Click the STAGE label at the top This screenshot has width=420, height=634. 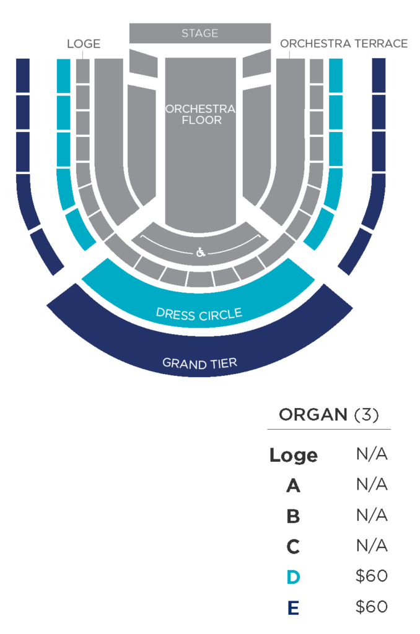(x=199, y=33)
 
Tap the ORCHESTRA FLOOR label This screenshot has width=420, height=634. (x=200, y=114)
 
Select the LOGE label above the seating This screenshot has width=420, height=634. (x=84, y=43)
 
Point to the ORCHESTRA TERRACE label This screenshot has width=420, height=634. (x=344, y=43)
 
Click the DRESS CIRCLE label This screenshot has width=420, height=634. (x=199, y=314)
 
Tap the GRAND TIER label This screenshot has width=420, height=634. (x=199, y=362)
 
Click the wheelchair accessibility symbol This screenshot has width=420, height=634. (x=200, y=252)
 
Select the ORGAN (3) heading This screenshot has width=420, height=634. (x=328, y=414)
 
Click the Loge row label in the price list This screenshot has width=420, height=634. (x=293, y=456)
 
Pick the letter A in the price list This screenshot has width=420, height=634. (x=293, y=486)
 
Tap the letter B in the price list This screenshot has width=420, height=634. (x=293, y=516)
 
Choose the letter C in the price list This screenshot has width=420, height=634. (x=293, y=546)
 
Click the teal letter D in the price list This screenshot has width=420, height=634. (x=293, y=577)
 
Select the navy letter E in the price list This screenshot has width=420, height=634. (x=293, y=608)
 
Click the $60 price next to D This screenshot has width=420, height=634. (x=372, y=576)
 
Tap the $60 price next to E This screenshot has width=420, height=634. (x=372, y=607)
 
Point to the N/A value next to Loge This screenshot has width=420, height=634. (x=372, y=454)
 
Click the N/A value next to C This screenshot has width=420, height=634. (x=372, y=545)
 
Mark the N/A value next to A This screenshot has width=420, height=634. (x=372, y=485)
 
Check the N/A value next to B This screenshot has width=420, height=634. (x=372, y=515)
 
